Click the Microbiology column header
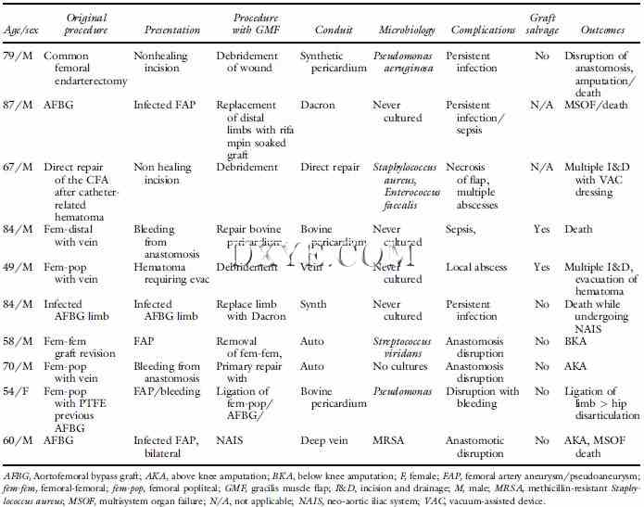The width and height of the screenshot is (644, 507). (x=407, y=31)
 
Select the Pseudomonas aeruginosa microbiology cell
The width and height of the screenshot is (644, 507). (x=408, y=63)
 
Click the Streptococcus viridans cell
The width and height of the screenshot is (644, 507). (x=409, y=347)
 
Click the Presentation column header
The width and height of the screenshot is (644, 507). (x=173, y=31)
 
